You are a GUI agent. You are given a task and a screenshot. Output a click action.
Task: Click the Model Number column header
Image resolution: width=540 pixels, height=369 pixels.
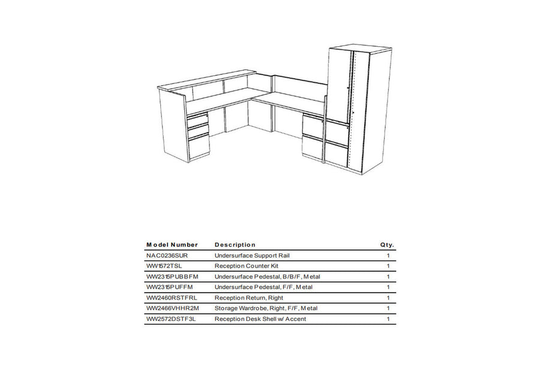(x=172, y=245)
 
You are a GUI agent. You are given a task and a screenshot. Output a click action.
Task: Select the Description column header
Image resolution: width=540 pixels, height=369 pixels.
(x=235, y=245)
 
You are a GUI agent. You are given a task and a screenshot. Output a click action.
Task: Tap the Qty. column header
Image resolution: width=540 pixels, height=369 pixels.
(x=387, y=245)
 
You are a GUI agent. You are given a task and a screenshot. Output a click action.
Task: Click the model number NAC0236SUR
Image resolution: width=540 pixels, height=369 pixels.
(x=167, y=256)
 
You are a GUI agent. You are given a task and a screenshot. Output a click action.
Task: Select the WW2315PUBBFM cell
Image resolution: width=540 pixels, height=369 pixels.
(x=172, y=277)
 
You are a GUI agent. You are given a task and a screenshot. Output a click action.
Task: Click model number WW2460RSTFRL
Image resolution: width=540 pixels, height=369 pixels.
(x=172, y=298)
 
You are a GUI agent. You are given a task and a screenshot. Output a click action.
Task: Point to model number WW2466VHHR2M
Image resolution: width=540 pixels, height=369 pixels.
(x=173, y=308)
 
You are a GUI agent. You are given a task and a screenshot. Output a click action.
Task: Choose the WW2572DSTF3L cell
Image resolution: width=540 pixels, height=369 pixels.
(x=171, y=319)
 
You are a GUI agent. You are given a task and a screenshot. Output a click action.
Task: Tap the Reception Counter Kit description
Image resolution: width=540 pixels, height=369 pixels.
(x=246, y=266)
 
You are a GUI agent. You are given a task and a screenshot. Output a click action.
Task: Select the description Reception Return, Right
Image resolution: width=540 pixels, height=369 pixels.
(x=248, y=298)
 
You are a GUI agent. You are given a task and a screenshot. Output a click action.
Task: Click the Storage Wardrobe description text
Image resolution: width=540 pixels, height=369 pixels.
(x=266, y=308)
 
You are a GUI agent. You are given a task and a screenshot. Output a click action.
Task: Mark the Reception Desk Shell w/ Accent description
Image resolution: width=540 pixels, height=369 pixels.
(x=260, y=319)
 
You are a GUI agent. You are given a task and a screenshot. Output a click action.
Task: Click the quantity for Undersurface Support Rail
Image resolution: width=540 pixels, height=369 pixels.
(x=388, y=256)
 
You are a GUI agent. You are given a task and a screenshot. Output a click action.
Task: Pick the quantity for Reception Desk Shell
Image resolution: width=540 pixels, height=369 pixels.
(x=388, y=319)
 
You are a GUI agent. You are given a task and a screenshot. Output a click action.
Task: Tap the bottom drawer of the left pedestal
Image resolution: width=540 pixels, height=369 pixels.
(x=198, y=147)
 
